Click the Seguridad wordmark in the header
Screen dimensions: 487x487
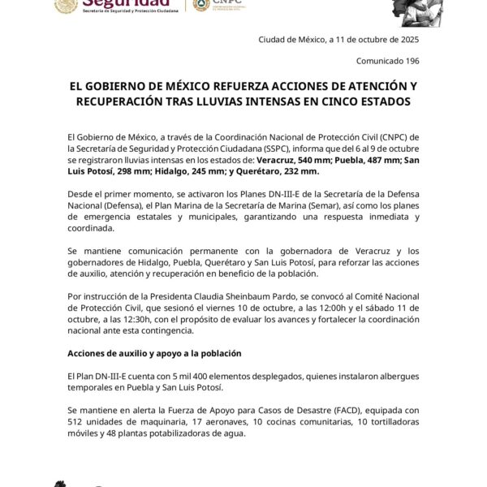tap(122, 5)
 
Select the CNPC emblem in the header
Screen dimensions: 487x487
tap(200, 5)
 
